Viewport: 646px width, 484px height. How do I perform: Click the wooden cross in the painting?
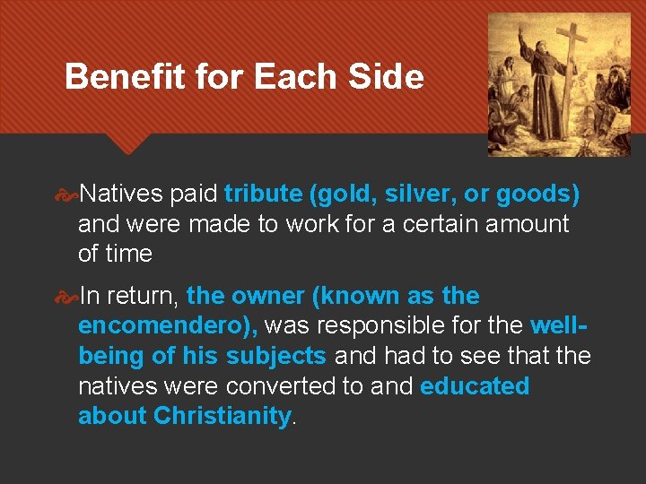pyautogui.click(x=571, y=72)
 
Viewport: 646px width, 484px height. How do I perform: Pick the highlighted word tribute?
pyautogui.click(x=263, y=194)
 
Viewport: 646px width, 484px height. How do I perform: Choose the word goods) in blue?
pyautogui.click(x=537, y=194)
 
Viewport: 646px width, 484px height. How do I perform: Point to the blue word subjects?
pyautogui.click(x=275, y=356)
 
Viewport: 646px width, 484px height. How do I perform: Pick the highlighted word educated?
pyautogui.click(x=475, y=386)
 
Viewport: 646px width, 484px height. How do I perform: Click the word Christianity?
pyautogui.click(x=223, y=417)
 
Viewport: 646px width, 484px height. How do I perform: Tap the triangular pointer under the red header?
pyautogui.click(x=127, y=143)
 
